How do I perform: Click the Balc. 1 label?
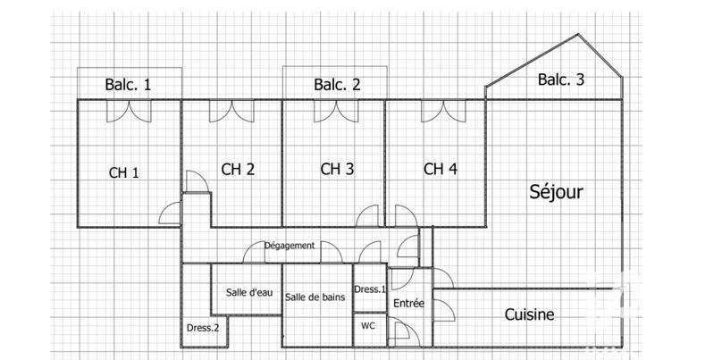(128, 86)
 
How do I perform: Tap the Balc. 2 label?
(337, 86)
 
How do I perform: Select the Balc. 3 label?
(561, 80)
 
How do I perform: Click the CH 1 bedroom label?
(124, 172)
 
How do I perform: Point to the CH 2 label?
(239, 168)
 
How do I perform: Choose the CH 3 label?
(337, 168)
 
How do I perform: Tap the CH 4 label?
(441, 168)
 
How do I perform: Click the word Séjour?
(556, 192)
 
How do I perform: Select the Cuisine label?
(529, 314)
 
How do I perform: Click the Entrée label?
(408, 304)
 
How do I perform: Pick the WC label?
(368, 326)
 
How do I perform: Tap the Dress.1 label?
(370, 289)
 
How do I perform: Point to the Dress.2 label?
(203, 328)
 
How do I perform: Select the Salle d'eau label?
(249, 292)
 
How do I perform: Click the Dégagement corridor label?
(289, 246)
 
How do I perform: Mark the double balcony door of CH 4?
(435, 111)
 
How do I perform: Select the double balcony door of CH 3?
(334, 111)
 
